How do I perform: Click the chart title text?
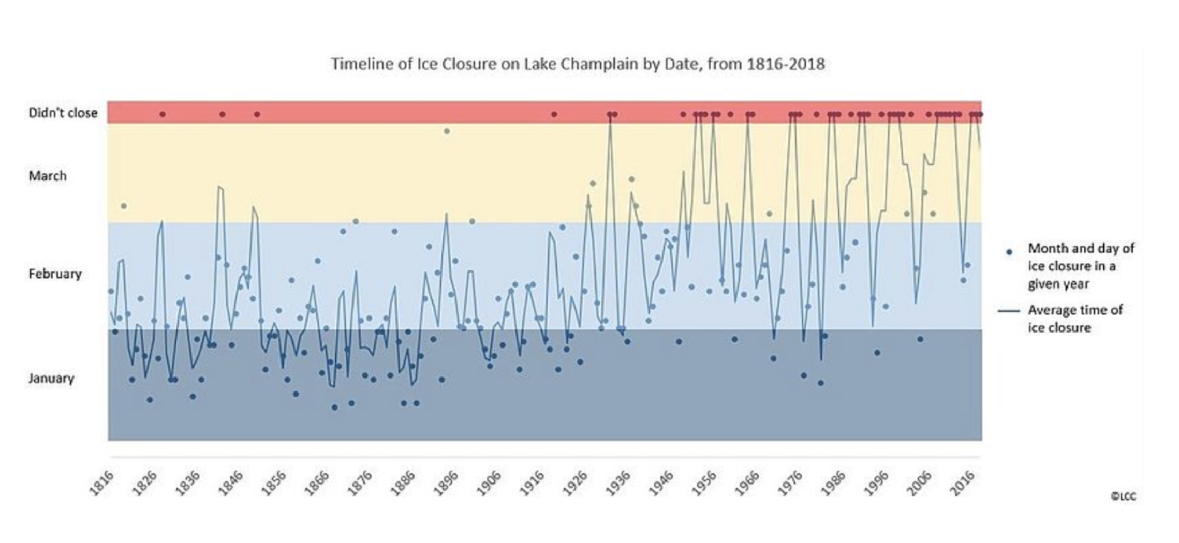578,64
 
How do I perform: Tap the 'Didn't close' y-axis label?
63,113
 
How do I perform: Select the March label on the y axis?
48,176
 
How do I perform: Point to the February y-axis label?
55,274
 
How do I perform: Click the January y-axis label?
51,378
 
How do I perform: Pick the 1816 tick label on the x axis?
101,483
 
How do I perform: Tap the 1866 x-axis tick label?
317,483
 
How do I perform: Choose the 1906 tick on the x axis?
489,483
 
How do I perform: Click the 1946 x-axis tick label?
661,483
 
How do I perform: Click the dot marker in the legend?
1009,252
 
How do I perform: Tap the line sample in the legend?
1009,311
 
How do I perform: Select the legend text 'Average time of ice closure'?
1074,319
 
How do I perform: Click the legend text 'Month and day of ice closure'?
1080,266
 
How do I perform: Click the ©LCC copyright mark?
1123,496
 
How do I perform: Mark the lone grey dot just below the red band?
447,131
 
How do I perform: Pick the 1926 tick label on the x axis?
575,483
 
